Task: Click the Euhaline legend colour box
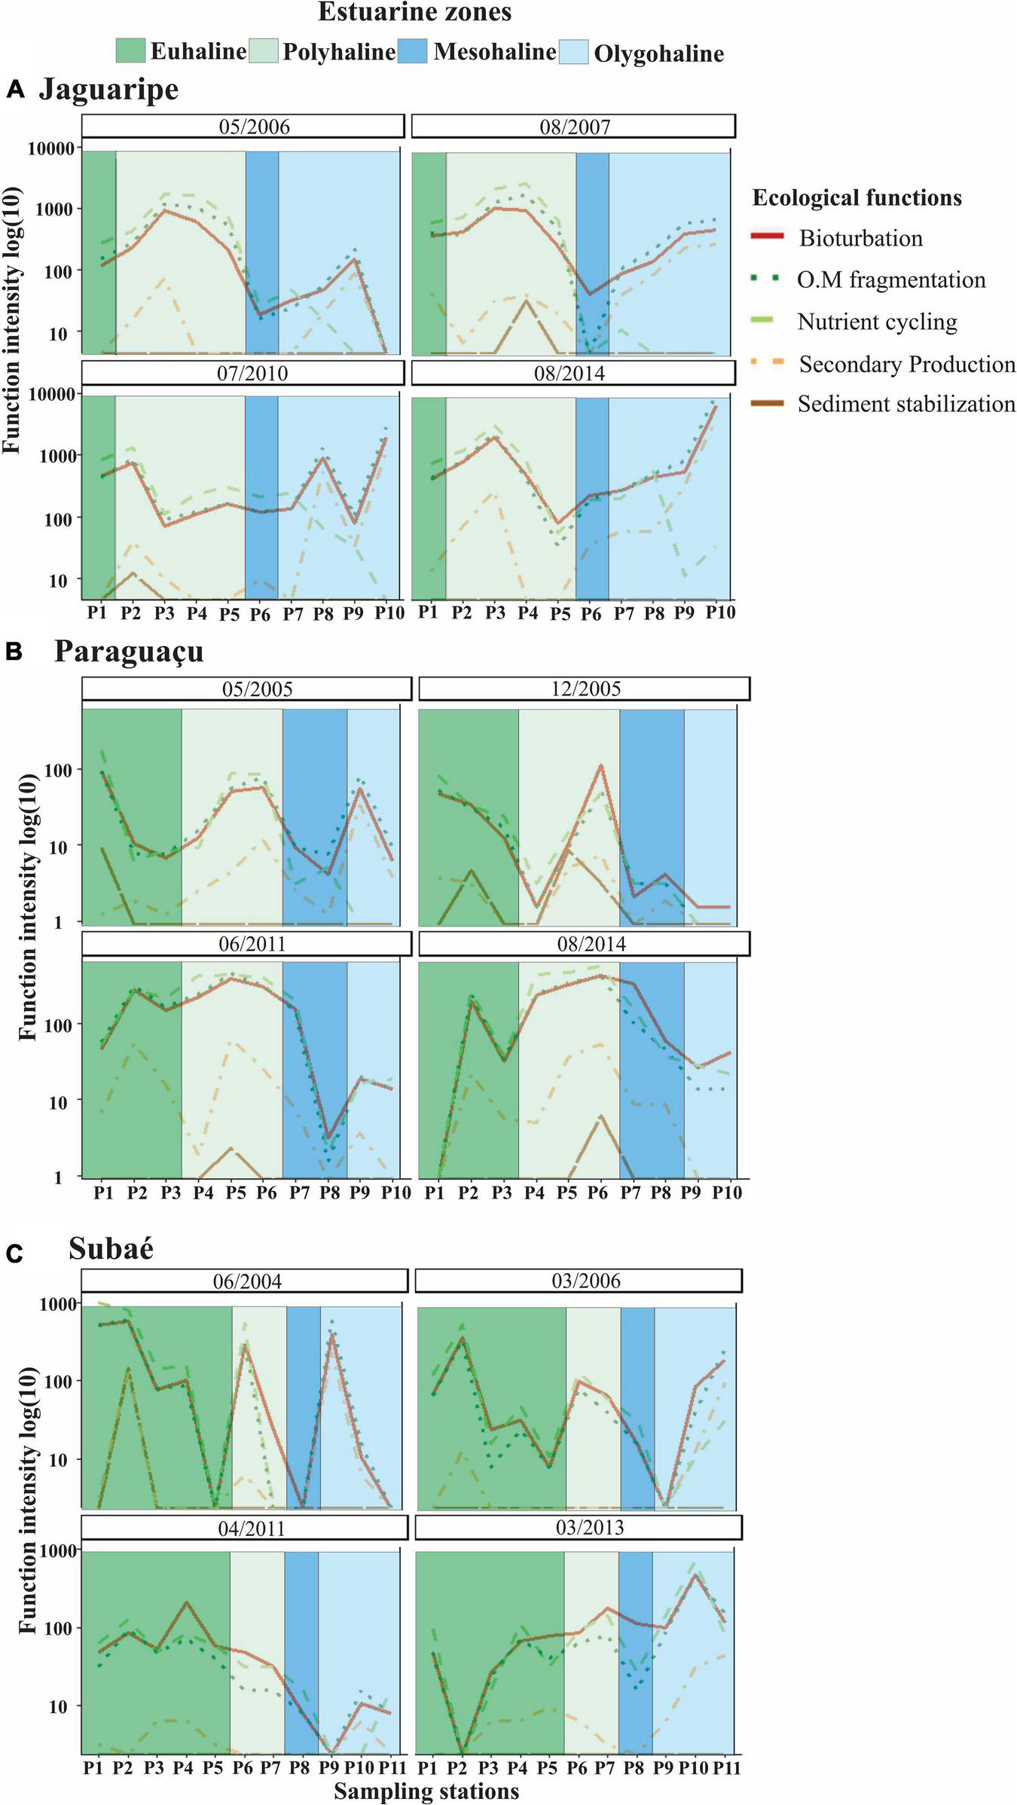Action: pyautogui.click(x=131, y=51)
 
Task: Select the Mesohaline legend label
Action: pyautogui.click(x=494, y=51)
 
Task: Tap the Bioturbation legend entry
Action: pyautogui.click(x=860, y=239)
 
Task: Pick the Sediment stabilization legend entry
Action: pyautogui.click(x=906, y=405)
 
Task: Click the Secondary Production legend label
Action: pyautogui.click(x=907, y=365)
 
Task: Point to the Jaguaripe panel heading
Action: pyautogui.click(x=108, y=90)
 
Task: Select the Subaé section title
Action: pyautogui.click(x=111, y=1248)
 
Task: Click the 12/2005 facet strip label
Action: pyautogui.click(x=585, y=689)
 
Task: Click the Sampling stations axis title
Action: pyautogui.click(x=426, y=1791)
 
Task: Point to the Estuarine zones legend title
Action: pyautogui.click(x=414, y=13)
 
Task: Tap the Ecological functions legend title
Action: pyautogui.click(x=857, y=198)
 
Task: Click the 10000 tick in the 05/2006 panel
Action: pyautogui.click(x=51, y=148)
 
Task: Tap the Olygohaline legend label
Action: pyautogui.click(x=658, y=53)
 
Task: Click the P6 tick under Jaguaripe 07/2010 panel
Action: pyautogui.click(x=260, y=613)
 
